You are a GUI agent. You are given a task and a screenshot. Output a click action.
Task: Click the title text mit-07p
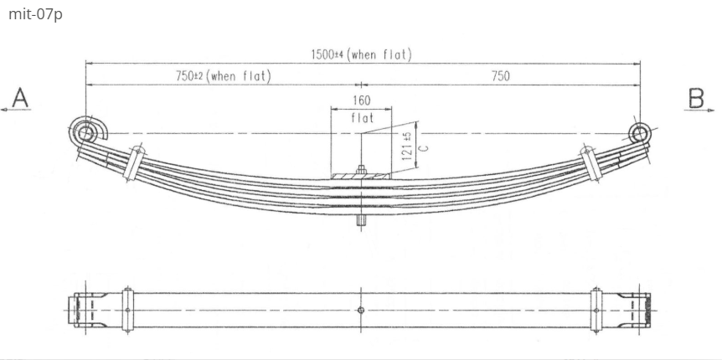coord(35,16)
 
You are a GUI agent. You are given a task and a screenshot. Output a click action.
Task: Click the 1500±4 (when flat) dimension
coord(361,55)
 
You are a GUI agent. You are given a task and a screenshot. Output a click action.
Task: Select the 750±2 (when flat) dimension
coord(223,76)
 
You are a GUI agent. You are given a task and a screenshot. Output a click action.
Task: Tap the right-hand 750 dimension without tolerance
coord(500,76)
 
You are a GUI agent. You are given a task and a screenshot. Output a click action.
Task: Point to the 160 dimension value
coord(362,100)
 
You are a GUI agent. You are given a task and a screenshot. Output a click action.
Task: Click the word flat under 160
coord(362,118)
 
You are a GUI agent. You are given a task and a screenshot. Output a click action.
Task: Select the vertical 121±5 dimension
coord(407,148)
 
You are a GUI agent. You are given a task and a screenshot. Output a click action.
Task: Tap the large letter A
coord(19,98)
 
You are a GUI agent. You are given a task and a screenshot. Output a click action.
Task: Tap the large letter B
coord(697,98)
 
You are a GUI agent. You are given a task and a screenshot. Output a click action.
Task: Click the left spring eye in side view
coord(85,132)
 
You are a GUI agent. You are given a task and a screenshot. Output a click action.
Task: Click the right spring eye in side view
coord(640,133)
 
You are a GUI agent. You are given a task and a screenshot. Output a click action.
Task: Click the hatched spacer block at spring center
coord(362,176)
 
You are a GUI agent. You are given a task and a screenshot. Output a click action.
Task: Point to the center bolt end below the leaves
coord(362,222)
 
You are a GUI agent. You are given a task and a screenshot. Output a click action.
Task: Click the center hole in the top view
coord(361,310)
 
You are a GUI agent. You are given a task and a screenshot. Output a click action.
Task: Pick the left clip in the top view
coord(127,310)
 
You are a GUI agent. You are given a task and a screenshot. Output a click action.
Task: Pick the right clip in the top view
coord(596,310)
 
